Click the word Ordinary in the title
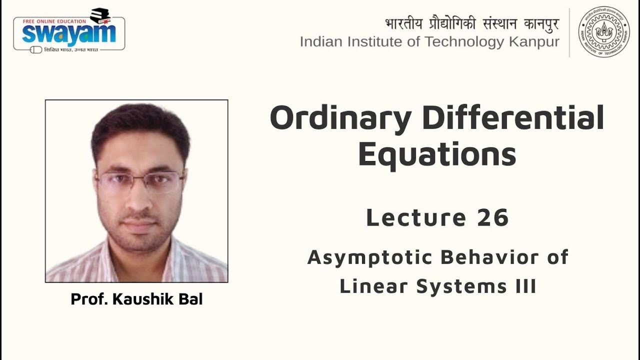pos(340,119)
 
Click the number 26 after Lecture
pos(492,217)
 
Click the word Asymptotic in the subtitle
pos(369,257)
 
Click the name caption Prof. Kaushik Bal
pos(136,299)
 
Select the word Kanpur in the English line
pos(534,42)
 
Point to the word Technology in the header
pos(463,42)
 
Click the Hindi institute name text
pos(472,23)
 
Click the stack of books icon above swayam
pos(100,15)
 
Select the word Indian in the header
pos(319,42)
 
